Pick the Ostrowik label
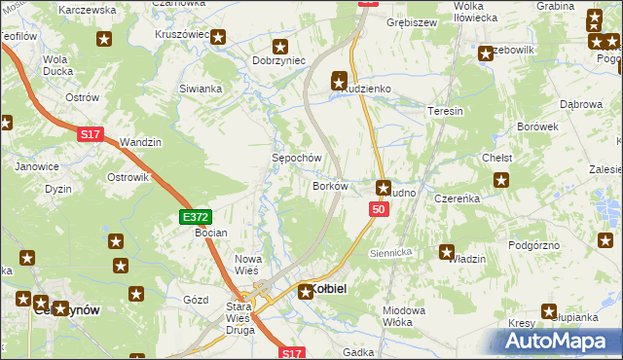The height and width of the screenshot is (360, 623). pos(128,177)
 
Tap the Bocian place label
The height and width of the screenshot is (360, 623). pos(210,234)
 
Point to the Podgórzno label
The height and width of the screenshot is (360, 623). pos(534,245)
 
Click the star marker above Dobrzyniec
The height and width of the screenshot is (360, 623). pos(281,45)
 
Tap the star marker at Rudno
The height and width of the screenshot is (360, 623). pos(384,187)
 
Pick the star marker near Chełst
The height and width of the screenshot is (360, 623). pos(502,179)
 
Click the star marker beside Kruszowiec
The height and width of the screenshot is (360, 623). pos(218,37)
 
